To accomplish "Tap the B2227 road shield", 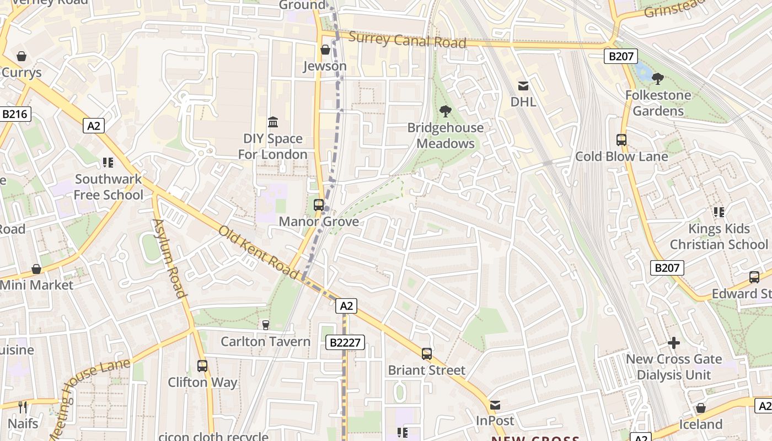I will (x=345, y=342).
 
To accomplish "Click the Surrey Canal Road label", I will (x=408, y=40).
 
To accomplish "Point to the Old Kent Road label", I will (x=258, y=252).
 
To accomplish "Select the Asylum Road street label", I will (x=169, y=258).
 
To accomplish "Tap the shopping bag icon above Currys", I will (x=22, y=56).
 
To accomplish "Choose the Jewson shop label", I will (x=325, y=66).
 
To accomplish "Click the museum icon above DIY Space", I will (x=273, y=121).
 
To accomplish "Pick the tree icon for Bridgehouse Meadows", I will (x=445, y=111).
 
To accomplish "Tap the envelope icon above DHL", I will (x=523, y=85).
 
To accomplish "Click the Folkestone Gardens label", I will (x=658, y=103).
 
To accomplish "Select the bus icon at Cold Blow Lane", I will (x=621, y=140).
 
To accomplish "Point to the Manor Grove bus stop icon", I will (x=319, y=205).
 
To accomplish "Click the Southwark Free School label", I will (x=109, y=187).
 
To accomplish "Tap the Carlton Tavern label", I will (x=266, y=341).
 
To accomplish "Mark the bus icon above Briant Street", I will (x=427, y=354).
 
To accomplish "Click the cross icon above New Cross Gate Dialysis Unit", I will (x=674, y=343).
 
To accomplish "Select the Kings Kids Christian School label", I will (x=719, y=236).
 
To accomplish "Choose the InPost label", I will (x=495, y=421).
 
